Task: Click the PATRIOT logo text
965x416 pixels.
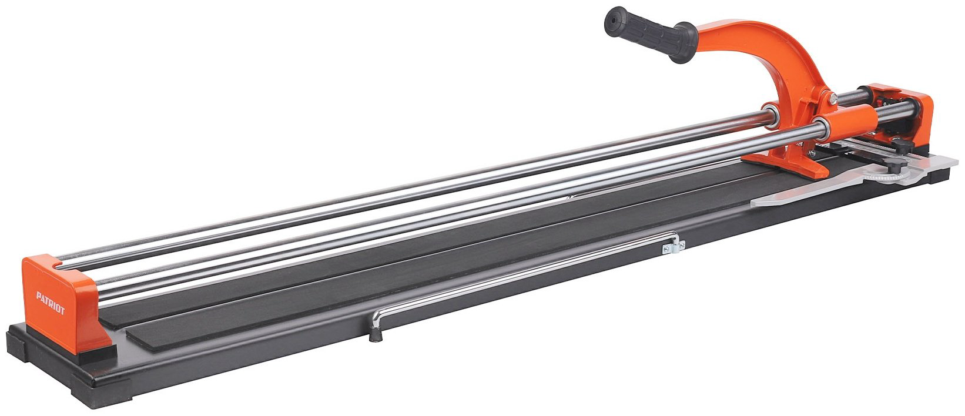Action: pos(51,303)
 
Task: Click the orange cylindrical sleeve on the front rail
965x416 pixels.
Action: pos(845,121)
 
